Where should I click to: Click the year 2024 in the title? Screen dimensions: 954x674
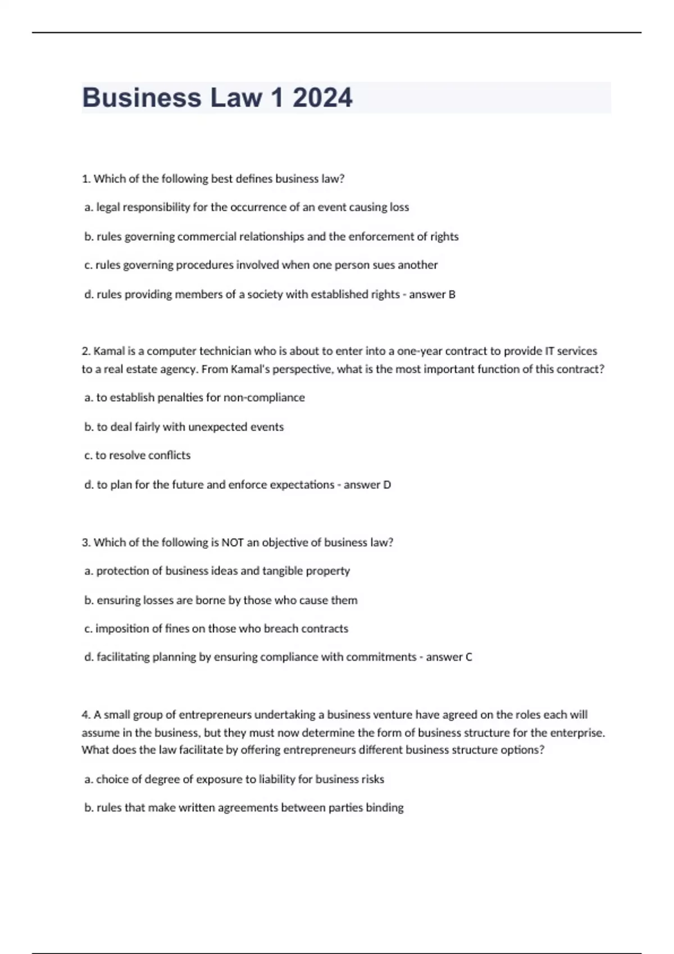[x=322, y=98]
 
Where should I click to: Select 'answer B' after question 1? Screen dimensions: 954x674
[x=432, y=294]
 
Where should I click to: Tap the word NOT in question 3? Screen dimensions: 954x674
[x=233, y=543]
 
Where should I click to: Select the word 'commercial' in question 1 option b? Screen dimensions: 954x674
[x=207, y=236]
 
